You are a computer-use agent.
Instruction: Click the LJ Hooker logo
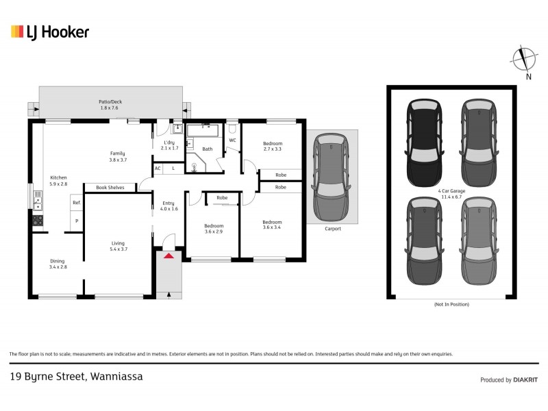(x=50, y=32)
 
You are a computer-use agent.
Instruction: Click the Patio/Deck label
(x=110, y=105)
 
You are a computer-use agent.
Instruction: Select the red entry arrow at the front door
(x=169, y=256)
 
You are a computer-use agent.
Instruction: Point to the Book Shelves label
(x=110, y=187)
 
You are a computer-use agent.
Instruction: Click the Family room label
(x=119, y=156)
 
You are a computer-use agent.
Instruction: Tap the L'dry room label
(x=169, y=145)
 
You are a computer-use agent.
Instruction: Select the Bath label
(x=207, y=149)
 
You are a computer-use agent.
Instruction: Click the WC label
(x=232, y=140)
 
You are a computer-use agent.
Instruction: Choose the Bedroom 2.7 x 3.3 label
(x=273, y=146)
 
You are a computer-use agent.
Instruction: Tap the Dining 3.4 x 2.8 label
(x=58, y=264)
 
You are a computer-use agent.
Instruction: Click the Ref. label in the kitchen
(x=77, y=203)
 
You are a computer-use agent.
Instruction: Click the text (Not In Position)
(x=451, y=303)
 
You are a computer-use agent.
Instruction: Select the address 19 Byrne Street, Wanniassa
(x=76, y=376)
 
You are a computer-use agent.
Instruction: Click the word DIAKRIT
(x=524, y=379)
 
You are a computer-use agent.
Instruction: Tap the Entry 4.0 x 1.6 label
(x=169, y=206)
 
